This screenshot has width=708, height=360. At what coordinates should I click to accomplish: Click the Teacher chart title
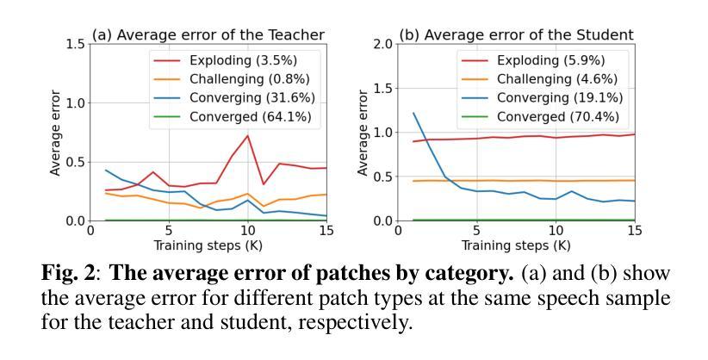[208, 34]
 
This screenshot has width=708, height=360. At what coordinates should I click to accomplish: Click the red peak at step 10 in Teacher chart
[248, 135]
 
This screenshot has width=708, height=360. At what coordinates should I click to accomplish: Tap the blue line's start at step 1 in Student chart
[413, 113]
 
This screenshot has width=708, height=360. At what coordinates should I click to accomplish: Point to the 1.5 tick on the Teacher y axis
[76, 44]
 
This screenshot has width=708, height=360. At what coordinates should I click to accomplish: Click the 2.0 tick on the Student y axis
[383, 44]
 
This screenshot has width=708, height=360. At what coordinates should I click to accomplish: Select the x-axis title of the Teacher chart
[208, 245]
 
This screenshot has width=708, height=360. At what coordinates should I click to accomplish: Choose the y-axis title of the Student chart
[363, 133]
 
